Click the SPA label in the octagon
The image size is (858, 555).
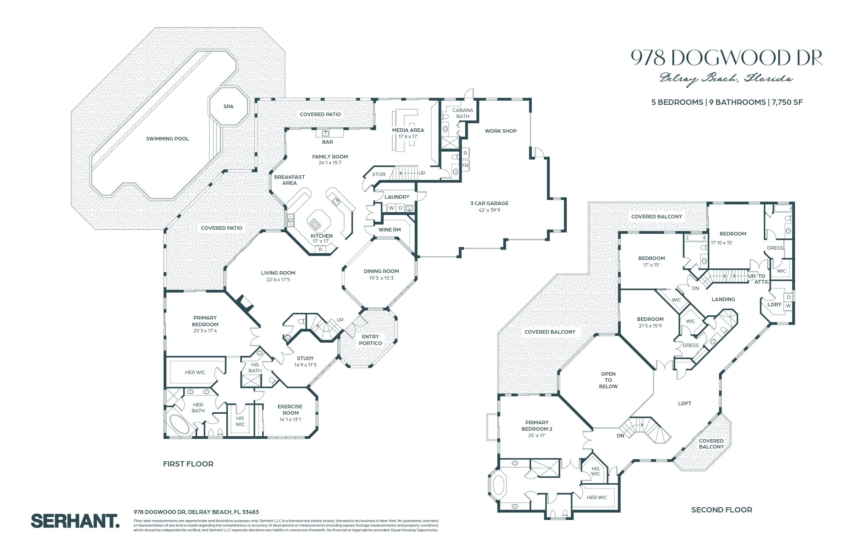228,106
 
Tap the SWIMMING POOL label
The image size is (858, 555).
167,139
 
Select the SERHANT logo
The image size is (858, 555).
75,521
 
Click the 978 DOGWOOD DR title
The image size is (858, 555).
726,58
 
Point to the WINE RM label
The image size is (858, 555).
389,229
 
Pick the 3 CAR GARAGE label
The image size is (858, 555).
489,203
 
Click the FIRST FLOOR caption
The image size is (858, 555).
188,464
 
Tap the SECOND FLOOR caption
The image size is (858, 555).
721,510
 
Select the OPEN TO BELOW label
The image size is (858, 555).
608,380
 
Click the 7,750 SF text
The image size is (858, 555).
787,102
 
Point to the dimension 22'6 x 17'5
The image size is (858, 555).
278,280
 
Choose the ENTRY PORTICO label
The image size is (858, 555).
370,340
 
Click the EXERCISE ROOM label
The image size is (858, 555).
290,410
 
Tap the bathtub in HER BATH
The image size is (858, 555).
179,425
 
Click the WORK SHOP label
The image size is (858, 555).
500,131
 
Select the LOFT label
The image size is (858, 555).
684,403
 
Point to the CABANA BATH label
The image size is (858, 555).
463,113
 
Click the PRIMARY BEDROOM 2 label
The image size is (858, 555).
537,426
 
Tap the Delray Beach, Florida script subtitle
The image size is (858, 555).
726,79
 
